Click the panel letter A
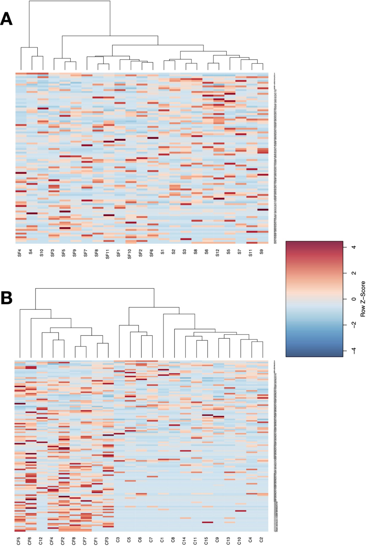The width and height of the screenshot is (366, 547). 6,19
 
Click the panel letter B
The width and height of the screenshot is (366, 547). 6,298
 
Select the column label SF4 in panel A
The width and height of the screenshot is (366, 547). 19,253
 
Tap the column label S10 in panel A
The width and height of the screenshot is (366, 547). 41,253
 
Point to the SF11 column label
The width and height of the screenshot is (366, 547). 107,254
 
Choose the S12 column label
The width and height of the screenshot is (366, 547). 217,253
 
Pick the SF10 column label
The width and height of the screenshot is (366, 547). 129,254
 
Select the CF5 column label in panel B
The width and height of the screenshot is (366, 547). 19,541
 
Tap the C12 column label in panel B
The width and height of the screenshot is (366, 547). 41,541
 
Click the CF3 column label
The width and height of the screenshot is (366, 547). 107,541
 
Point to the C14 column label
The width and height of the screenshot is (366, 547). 184,541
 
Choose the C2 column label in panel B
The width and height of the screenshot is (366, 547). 261,540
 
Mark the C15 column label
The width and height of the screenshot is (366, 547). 206,541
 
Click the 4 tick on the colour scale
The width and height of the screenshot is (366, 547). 354,247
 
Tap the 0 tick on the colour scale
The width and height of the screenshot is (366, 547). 354,299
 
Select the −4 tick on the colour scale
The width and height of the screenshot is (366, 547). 354,350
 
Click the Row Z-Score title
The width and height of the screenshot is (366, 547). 363,299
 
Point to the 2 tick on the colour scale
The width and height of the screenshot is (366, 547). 354,273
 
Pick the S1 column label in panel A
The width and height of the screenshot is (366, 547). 162,252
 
